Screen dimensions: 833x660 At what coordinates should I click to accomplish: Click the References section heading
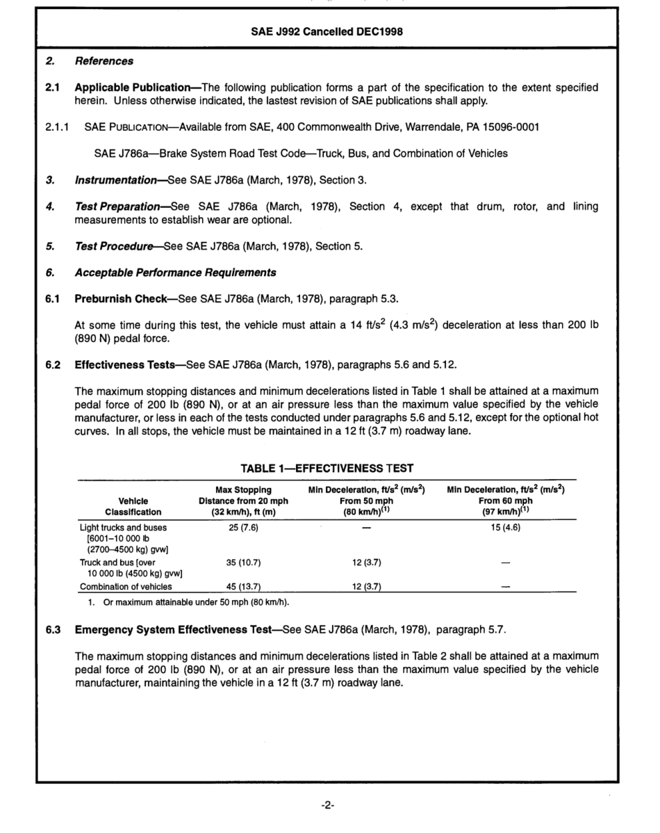click(x=104, y=61)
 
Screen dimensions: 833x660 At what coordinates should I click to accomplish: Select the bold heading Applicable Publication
click(x=132, y=88)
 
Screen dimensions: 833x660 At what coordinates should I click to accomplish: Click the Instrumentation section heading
click(x=115, y=180)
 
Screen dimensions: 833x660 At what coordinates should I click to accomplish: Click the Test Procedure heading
click(x=114, y=245)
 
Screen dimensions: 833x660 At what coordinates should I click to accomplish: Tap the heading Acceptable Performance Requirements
click(x=175, y=272)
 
